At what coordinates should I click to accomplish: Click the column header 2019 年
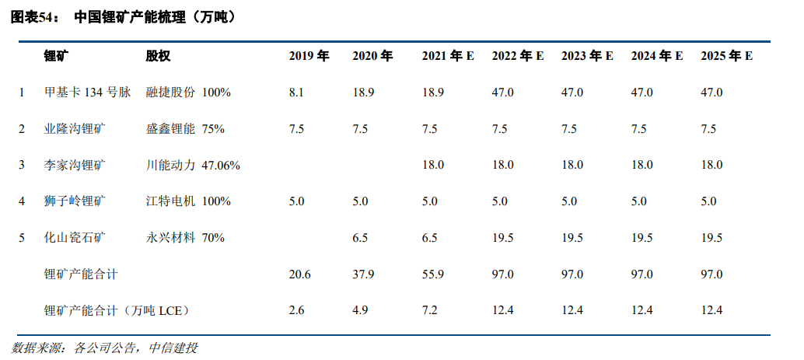(309, 56)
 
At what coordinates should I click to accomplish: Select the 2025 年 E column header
(726, 56)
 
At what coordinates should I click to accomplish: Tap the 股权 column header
(158, 56)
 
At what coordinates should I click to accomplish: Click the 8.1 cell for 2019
(295, 93)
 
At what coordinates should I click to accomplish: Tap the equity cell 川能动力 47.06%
(193, 165)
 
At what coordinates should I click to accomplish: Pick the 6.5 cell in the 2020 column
(360, 238)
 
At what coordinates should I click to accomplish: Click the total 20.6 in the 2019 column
(299, 274)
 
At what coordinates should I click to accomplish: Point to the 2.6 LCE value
(296, 310)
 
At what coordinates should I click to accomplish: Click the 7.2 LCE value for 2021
(430, 310)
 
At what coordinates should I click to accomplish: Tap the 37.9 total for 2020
(363, 274)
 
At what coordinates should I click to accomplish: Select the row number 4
(22, 201)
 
